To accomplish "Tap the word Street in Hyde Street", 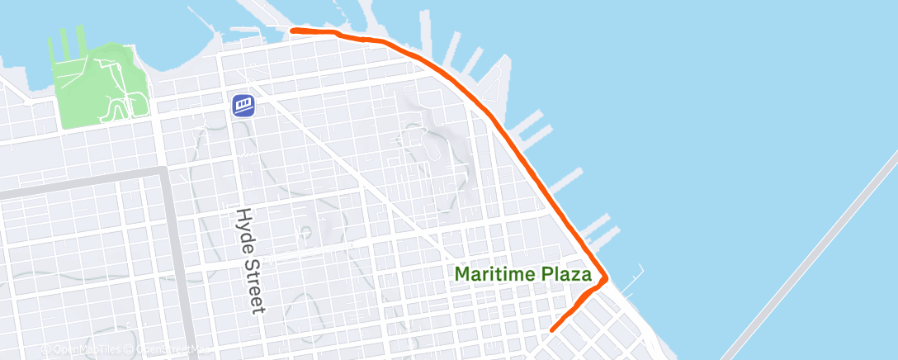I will (x=256, y=283).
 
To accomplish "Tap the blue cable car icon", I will (x=243, y=105).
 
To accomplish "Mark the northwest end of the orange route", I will (x=293, y=31).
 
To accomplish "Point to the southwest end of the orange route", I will (x=551, y=329).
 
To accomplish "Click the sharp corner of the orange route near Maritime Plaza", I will (x=607, y=278).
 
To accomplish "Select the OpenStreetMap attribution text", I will (x=169, y=350).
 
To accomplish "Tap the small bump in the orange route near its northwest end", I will (x=338, y=34).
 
